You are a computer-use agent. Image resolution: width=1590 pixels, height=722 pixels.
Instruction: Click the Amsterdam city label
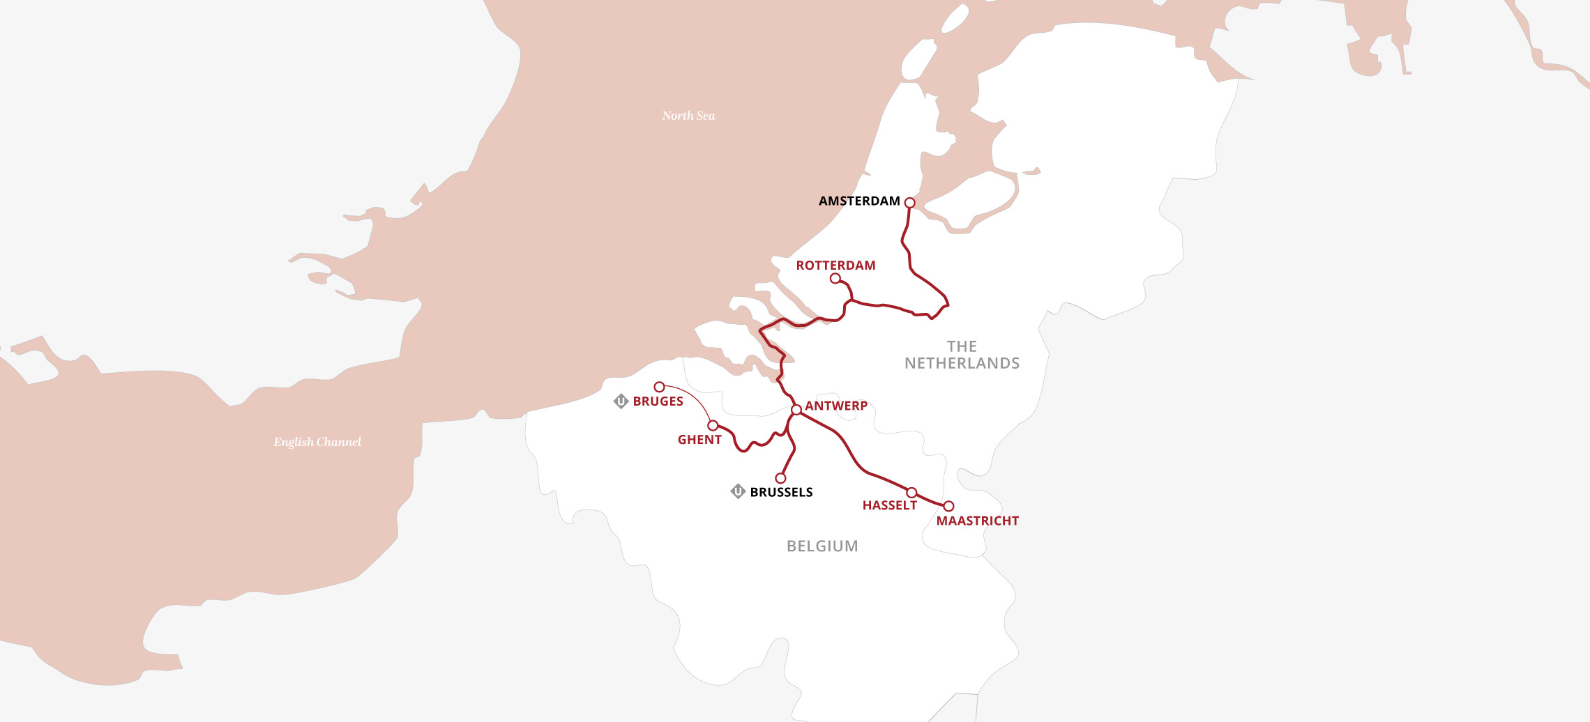click(859, 201)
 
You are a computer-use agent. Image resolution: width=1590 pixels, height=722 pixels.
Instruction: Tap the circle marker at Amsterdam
click(909, 203)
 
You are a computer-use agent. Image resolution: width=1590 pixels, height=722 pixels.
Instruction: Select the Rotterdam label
click(835, 266)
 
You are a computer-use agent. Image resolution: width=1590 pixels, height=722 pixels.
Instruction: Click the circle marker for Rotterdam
click(835, 279)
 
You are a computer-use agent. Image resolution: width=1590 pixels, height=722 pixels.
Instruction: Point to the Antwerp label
click(836, 406)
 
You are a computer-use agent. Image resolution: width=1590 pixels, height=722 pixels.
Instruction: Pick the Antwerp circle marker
click(796, 410)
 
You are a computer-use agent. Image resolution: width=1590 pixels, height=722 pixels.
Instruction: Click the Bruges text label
click(658, 401)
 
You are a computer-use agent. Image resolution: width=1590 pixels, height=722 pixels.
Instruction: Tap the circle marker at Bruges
click(659, 387)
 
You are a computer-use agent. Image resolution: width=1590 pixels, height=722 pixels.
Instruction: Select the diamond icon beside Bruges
click(621, 401)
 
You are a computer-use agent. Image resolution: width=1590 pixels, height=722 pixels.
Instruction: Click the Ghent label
click(699, 440)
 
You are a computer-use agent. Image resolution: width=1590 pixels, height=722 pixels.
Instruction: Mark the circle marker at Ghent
click(713, 425)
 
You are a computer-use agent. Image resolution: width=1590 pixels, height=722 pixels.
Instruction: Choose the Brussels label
click(781, 492)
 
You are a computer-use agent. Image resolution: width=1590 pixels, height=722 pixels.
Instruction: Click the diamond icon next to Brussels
click(738, 491)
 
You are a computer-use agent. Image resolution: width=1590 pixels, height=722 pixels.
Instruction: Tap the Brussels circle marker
click(780, 478)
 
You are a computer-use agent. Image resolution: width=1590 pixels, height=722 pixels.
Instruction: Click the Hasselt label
click(889, 505)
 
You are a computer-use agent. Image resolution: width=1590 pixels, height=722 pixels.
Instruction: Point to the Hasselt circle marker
click(911, 493)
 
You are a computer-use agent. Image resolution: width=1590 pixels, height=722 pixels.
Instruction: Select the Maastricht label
click(977, 521)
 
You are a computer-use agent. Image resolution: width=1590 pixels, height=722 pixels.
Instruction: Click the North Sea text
click(688, 116)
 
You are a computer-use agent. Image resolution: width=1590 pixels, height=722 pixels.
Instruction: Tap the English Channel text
click(317, 442)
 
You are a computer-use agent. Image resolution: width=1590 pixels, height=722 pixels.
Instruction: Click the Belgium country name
click(822, 546)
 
